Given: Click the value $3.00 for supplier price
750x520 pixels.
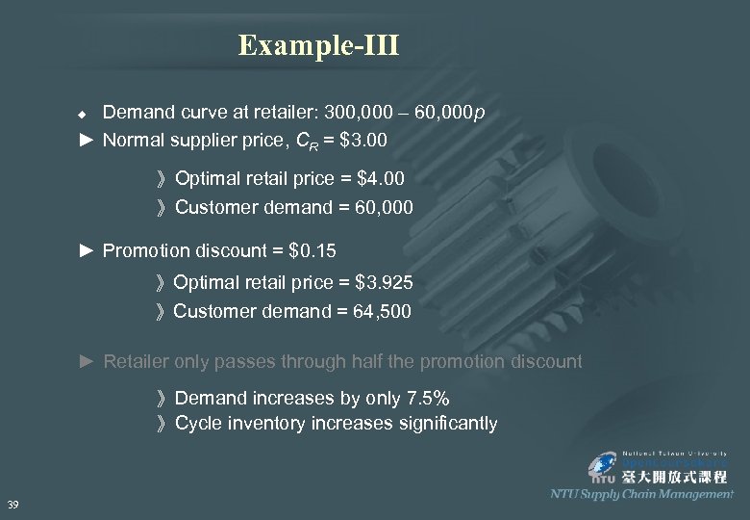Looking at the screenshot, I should tap(359, 140).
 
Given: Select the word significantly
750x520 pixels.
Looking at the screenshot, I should tap(447, 423).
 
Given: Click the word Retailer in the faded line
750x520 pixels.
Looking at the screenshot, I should tap(137, 361).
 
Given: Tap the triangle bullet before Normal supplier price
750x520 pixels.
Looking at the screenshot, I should tap(87, 140).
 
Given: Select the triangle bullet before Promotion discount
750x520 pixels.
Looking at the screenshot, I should tap(87, 251).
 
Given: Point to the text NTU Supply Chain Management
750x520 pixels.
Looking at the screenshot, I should tap(640, 494).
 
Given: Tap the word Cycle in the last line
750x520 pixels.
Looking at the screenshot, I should tap(198, 423).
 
